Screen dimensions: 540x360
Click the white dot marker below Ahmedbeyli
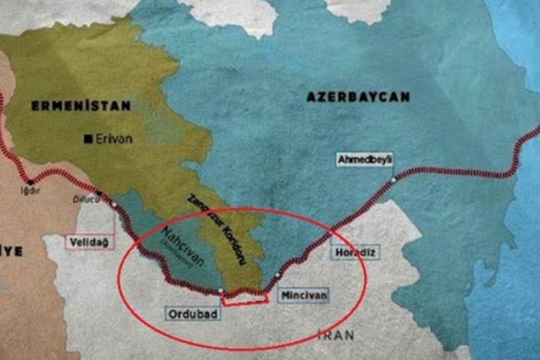point(393,178)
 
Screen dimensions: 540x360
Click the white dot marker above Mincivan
point(277,275)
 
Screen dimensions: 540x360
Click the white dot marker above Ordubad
point(220,291)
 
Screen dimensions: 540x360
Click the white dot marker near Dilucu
point(113,203)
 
